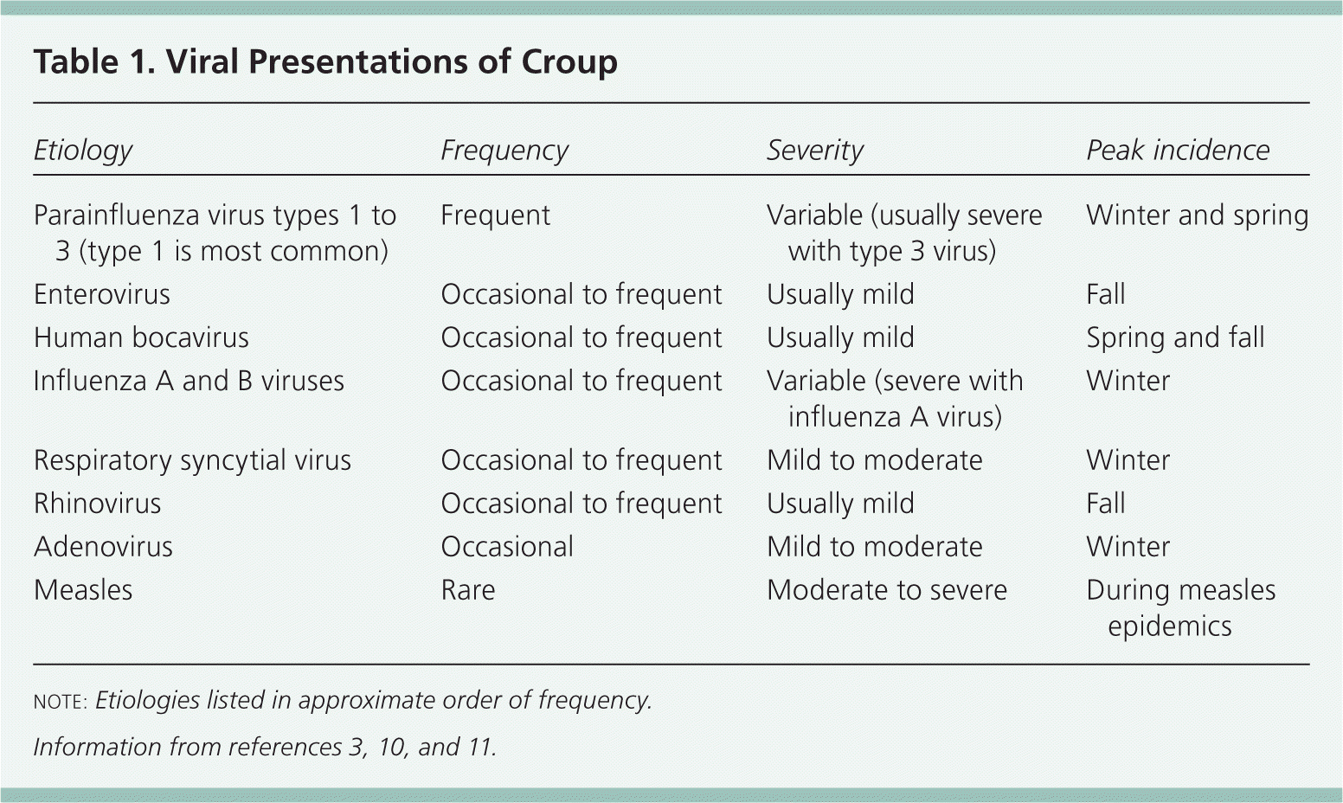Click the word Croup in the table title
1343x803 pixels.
[569, 63]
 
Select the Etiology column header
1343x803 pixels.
[83, 150]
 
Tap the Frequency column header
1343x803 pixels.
[504, 150]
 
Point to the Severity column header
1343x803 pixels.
[815, 150]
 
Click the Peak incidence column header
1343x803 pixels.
[1178, 150]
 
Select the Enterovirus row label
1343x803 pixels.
[102, 294]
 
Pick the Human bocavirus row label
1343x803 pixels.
[141, 337]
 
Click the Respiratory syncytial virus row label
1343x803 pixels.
[192, 460]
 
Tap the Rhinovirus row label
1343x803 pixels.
[97, 504]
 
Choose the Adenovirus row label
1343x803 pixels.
[103, 547]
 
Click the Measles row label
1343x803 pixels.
[83, 590]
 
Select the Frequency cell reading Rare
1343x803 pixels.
[468, 590]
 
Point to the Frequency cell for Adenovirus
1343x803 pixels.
[507, 547]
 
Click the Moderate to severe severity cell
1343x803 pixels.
[887, 590]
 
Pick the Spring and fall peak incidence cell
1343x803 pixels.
[1176, 337]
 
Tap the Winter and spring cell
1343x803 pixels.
[1198, 215]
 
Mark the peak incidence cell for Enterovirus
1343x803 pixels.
[1106, 294]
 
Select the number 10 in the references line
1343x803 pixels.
[393, 748]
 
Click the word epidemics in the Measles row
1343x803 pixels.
[1170, 626]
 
